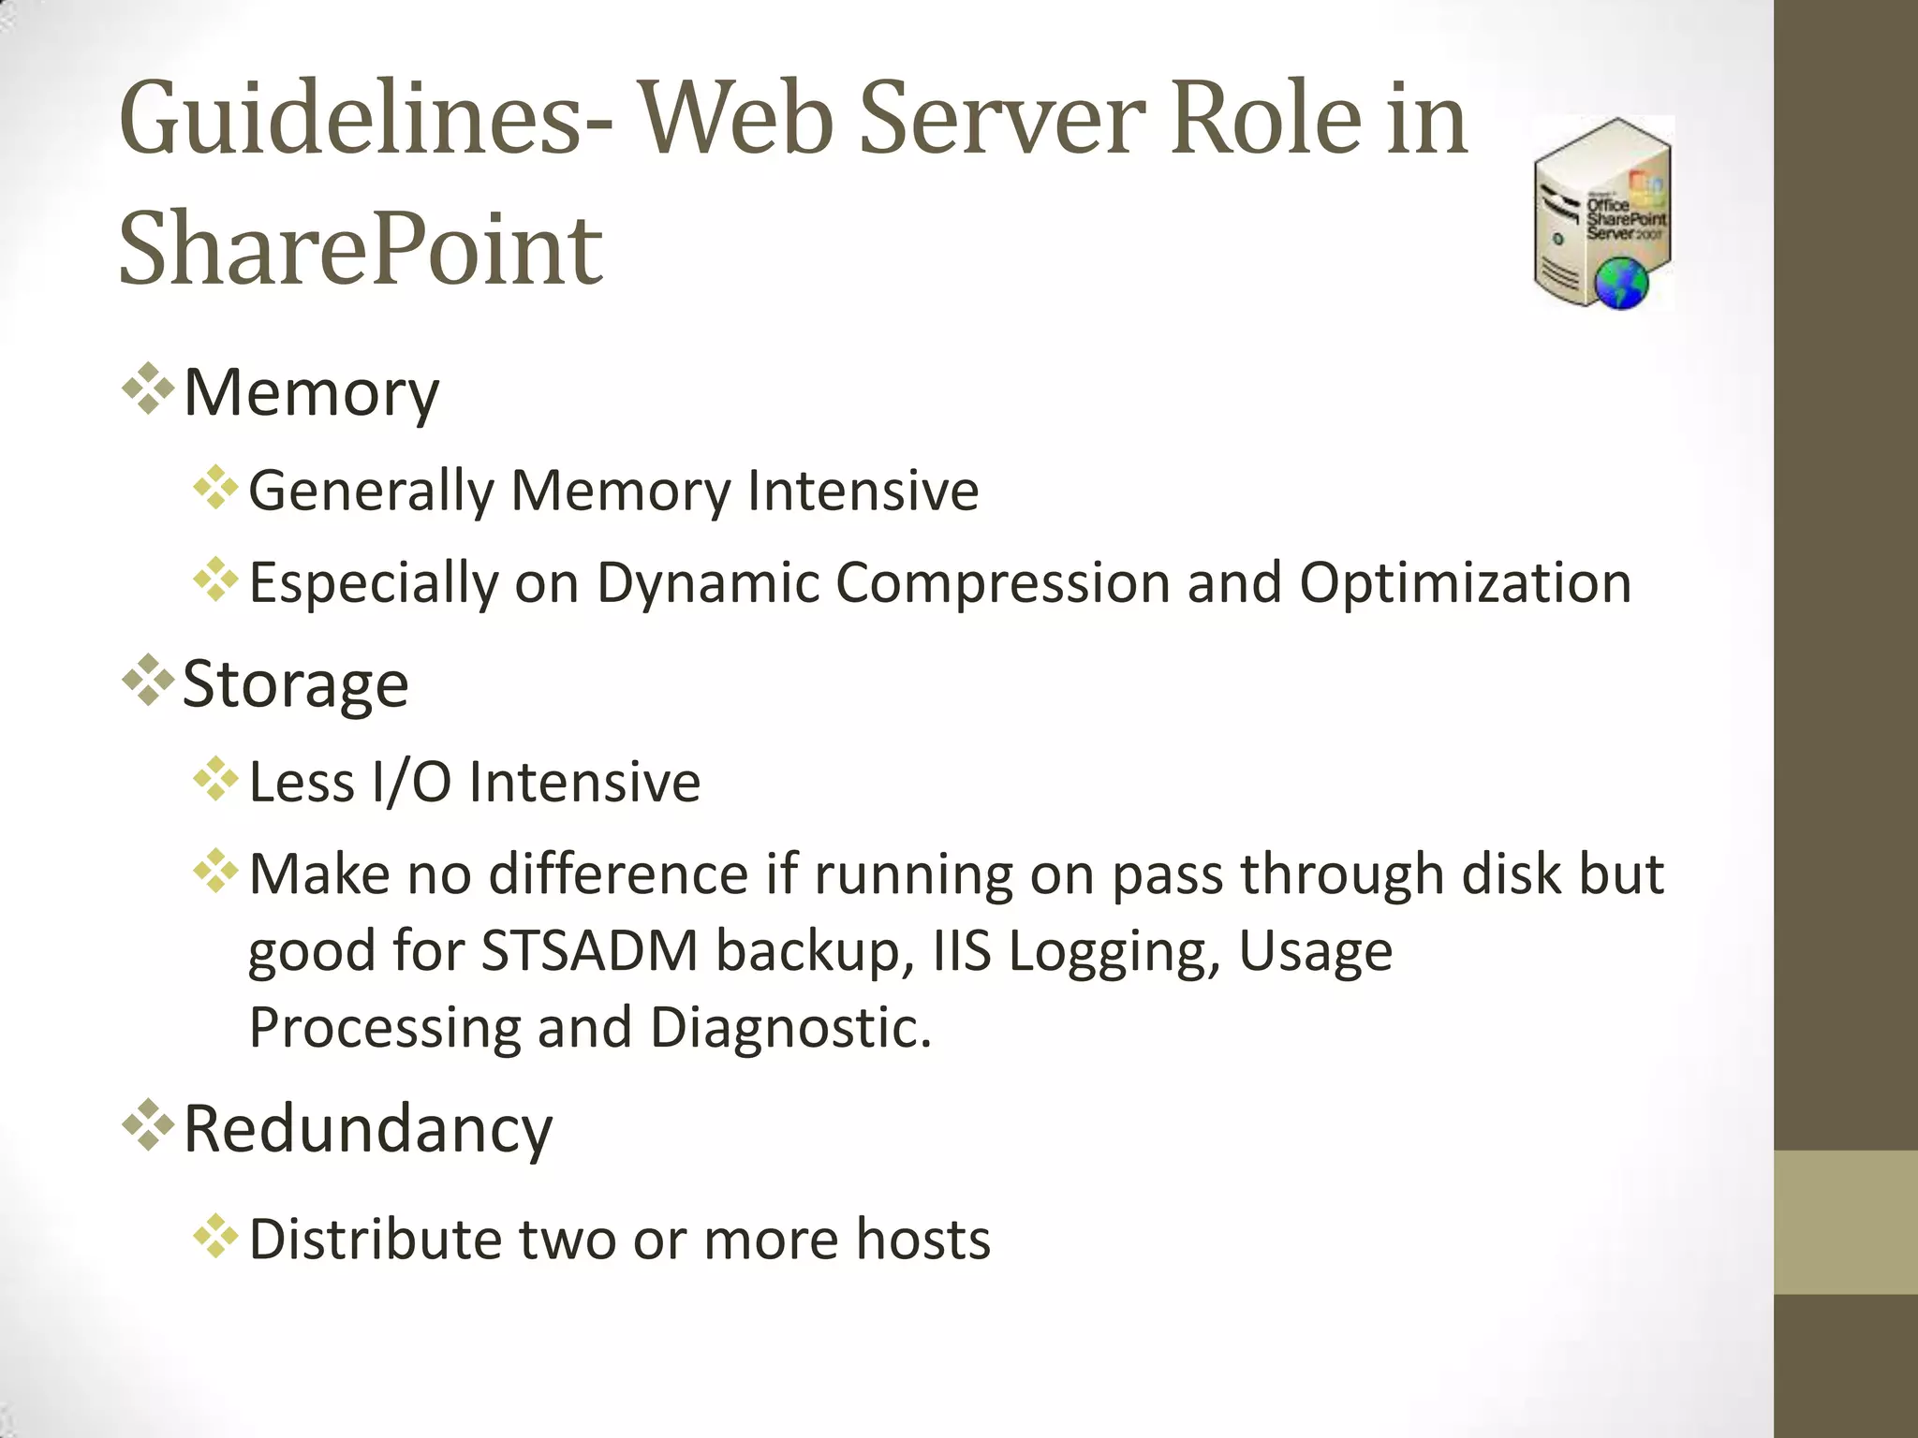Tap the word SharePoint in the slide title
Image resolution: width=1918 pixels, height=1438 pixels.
click(x=361, y=249)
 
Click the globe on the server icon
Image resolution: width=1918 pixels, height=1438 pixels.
click(x=1621, y=285)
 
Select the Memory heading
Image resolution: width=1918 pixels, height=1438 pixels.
click(x=311, y=392)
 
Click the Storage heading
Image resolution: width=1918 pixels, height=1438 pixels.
click(x=295, y=683)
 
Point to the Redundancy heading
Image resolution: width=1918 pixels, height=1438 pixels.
click(x=368, y=1128)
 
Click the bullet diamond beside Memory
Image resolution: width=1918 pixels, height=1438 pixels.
click(x=148, y=389)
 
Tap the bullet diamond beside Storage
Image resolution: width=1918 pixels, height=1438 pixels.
click(x=148, y=680)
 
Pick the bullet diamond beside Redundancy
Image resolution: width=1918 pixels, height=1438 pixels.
click(x=148, y=1124)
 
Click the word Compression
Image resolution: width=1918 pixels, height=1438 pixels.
click(x=1002, y=582)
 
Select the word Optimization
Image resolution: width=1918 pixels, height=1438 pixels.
click(x=1465, y=582)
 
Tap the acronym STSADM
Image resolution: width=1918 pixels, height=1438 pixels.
click(x=590, y=951)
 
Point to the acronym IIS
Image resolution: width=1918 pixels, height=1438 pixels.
click(x=962, y=951)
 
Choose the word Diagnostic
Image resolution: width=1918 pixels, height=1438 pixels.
click(x=789, y=1028)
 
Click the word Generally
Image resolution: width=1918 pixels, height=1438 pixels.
click(x=371, y=491)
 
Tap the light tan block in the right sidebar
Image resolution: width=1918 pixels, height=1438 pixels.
click(x=1846, y=1223)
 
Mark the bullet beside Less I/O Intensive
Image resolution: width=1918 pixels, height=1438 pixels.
click(x=215, y=779)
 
